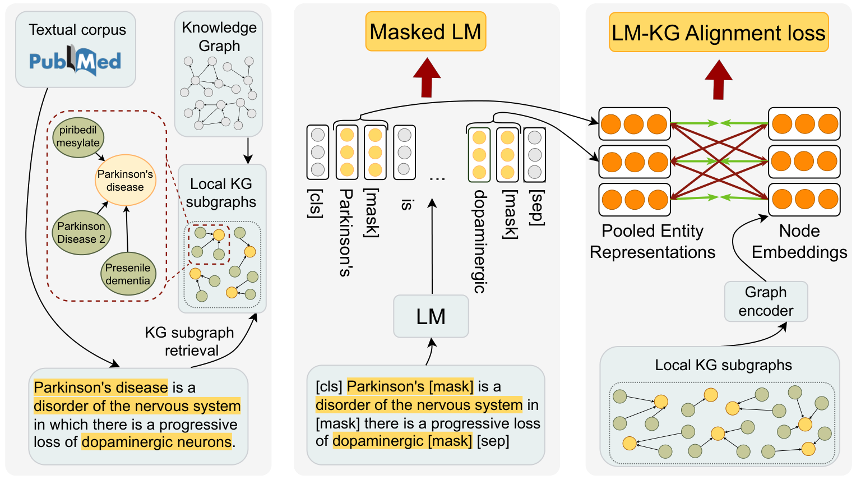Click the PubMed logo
[75, 61]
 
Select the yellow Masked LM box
[425, 32]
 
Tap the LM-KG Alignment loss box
[718, 33]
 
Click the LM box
[431, 316]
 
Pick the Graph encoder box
[766, 302]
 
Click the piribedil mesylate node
[78, 136]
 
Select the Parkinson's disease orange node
[125, 181]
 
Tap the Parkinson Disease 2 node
[81, 233]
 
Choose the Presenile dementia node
[128, 274]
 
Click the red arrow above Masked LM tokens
[427, 77]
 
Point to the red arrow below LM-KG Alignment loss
[719, 80]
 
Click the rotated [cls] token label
[316, 203]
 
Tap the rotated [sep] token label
[537, 208]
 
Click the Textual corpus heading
[77, 30]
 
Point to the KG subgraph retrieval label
[189, 341]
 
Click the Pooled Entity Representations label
[653, 242]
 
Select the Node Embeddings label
[799, 242]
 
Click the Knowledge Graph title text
[219, 36]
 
